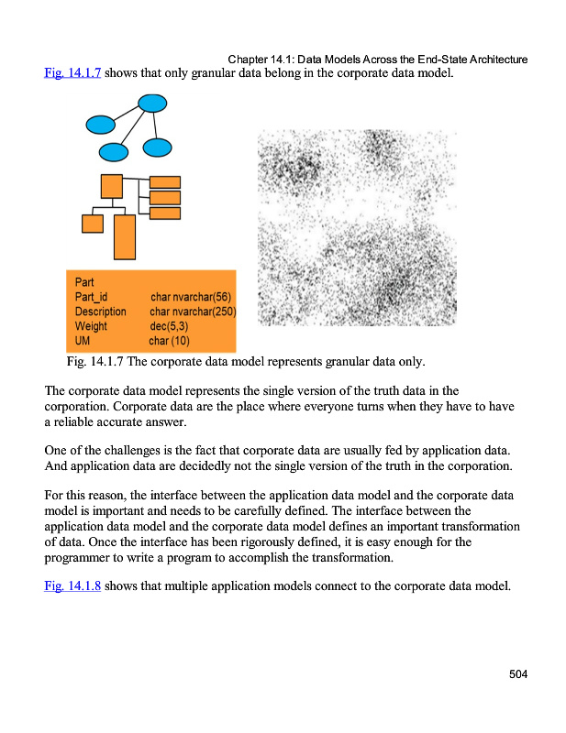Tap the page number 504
point(518,675)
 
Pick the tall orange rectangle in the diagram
point(125,236)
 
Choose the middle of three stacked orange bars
point(165,197)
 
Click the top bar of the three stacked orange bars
point(165,181)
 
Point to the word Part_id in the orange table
point(92,297)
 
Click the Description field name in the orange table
point(100,312)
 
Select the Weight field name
point(91,326)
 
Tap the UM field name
point(83,341)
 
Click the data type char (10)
point(169,341)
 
